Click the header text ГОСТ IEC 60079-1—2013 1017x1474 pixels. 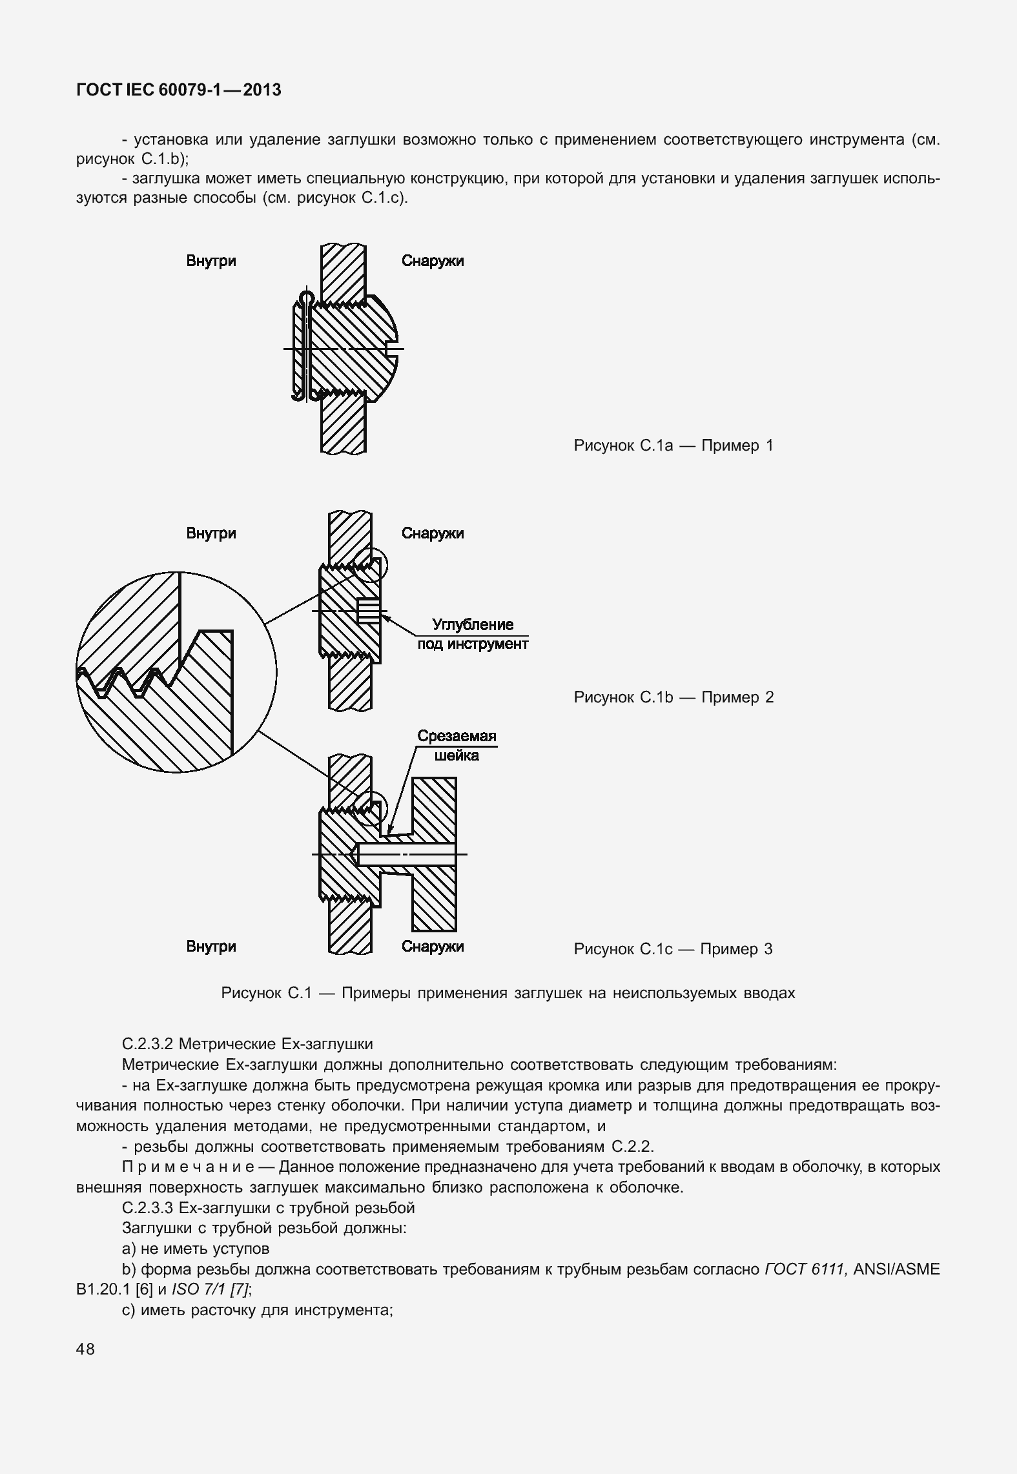179,90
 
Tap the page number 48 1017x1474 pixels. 85,1349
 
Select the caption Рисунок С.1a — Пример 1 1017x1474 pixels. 673,445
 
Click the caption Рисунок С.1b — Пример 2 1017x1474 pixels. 673,697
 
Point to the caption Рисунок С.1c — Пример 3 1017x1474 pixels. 673,949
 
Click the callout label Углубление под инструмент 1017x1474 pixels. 473,634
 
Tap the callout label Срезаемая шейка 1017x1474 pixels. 457,746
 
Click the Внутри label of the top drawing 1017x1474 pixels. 211,261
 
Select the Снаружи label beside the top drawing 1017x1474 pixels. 433,261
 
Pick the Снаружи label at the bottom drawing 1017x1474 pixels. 433,947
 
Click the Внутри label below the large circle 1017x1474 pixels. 211,947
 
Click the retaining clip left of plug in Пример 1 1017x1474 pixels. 298,349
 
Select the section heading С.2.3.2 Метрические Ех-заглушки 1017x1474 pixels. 247,1044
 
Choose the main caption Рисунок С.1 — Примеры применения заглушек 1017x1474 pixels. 508,993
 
